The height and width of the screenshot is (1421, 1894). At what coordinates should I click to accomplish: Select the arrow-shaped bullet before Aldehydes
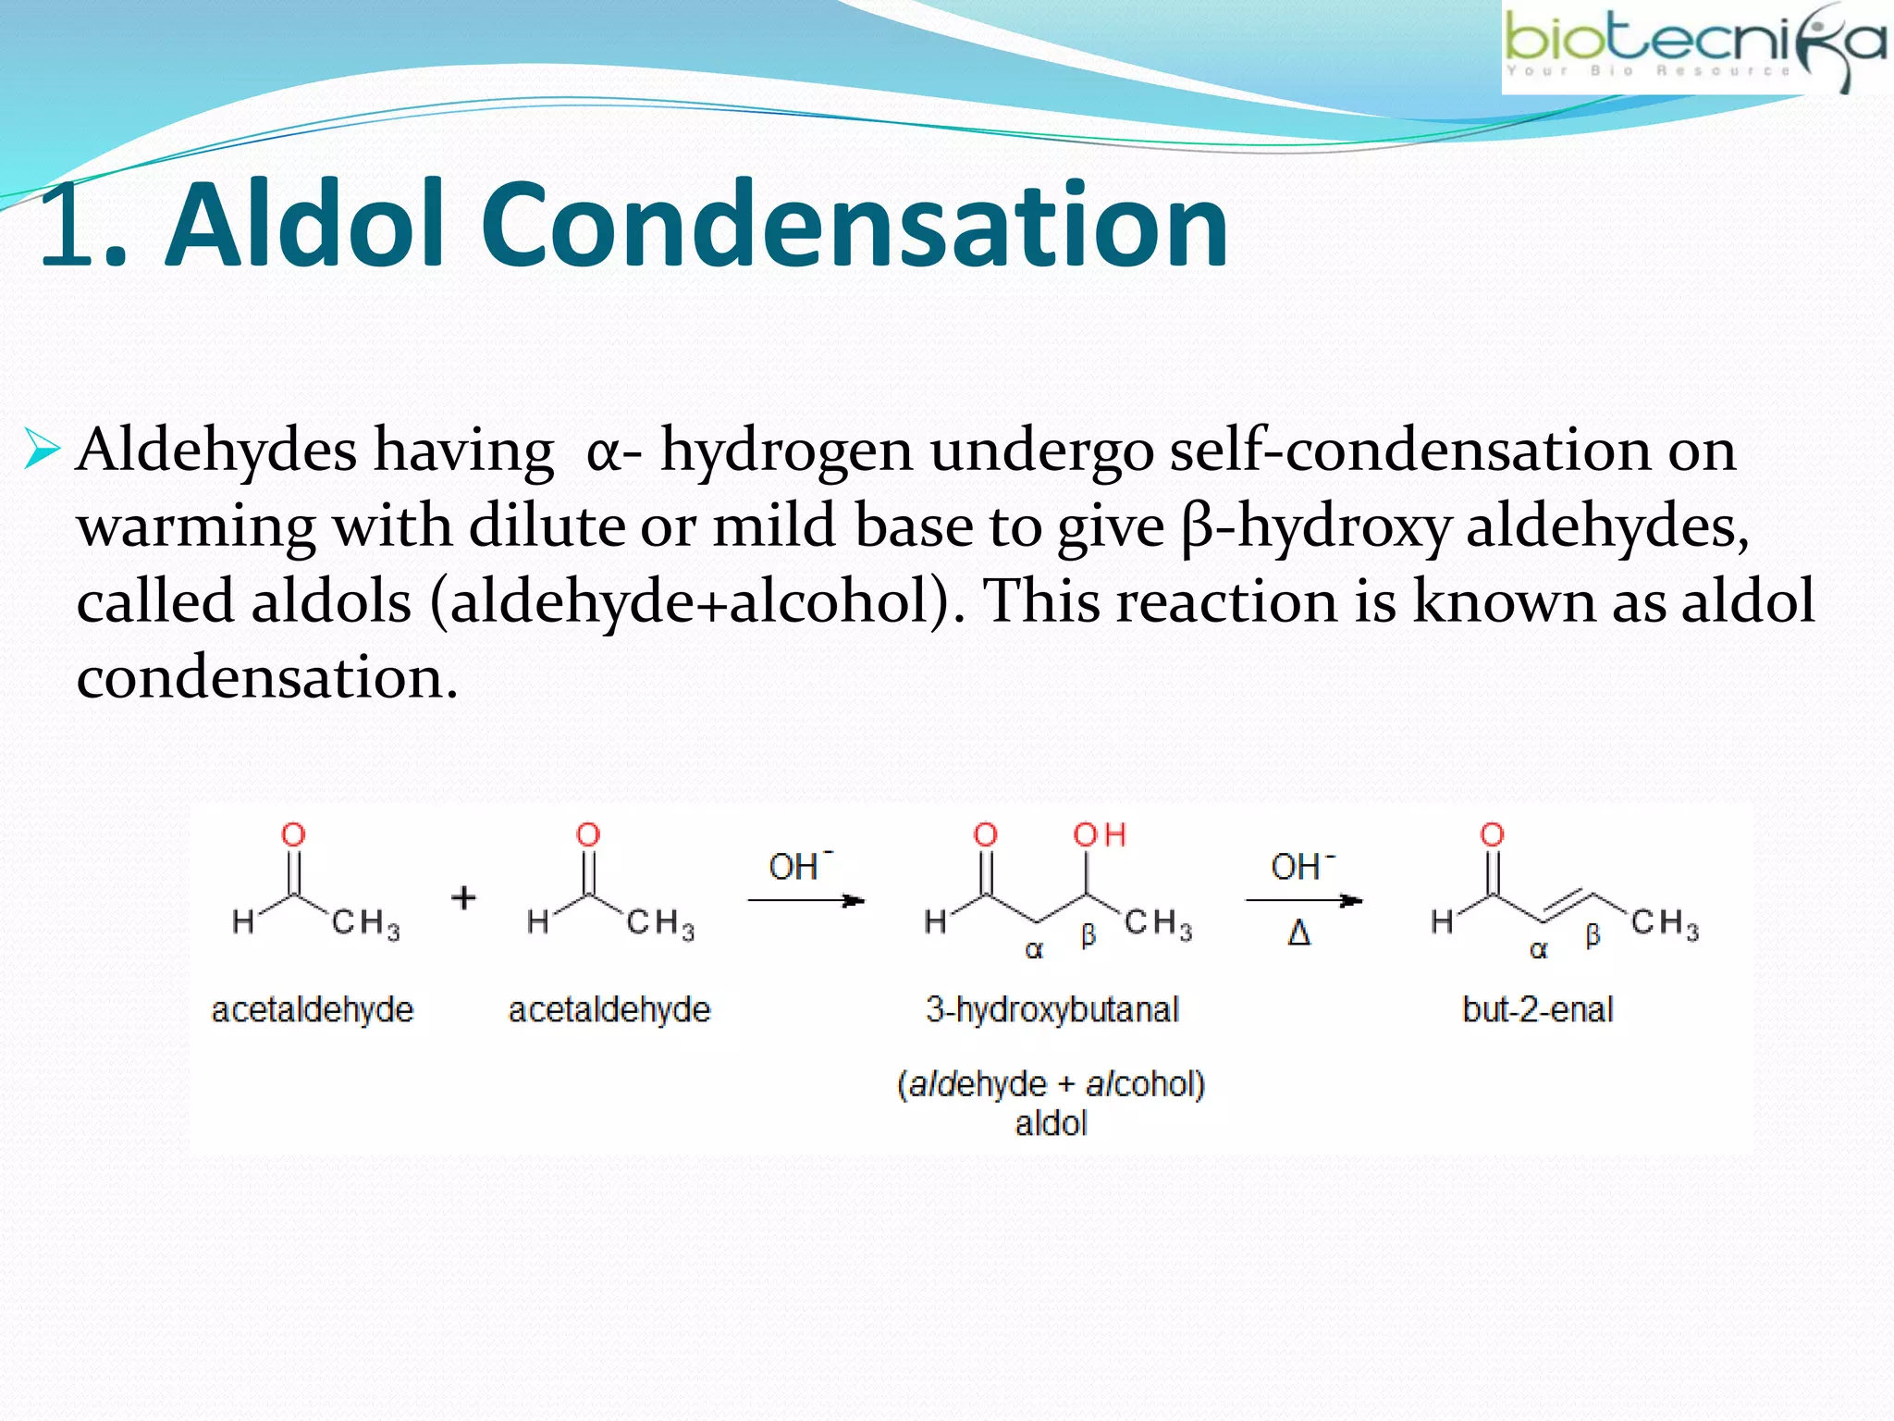42,450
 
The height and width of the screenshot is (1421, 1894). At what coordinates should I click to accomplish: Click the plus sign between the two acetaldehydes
463,897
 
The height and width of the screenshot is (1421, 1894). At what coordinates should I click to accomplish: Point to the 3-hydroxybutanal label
1052,1009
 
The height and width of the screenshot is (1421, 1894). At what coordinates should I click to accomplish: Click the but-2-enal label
1537,1009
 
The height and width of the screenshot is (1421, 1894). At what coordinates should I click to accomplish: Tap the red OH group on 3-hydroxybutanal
1099,835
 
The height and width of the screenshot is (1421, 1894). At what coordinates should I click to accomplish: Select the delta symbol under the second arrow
1299,933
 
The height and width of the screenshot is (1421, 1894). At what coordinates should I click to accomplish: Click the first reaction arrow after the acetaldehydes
806,900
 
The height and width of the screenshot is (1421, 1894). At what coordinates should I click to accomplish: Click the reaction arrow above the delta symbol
1303,900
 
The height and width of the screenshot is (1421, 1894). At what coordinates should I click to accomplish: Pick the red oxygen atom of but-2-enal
1492,835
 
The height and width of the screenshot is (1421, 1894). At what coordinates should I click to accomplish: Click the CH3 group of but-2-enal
1665,923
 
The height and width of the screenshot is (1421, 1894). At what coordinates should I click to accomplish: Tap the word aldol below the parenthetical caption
1051,1123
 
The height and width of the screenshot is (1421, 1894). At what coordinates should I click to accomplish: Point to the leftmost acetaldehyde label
313,1009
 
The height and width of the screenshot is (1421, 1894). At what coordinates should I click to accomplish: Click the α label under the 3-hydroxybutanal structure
1034,950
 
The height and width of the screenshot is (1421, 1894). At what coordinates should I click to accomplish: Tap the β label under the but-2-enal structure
1593,935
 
